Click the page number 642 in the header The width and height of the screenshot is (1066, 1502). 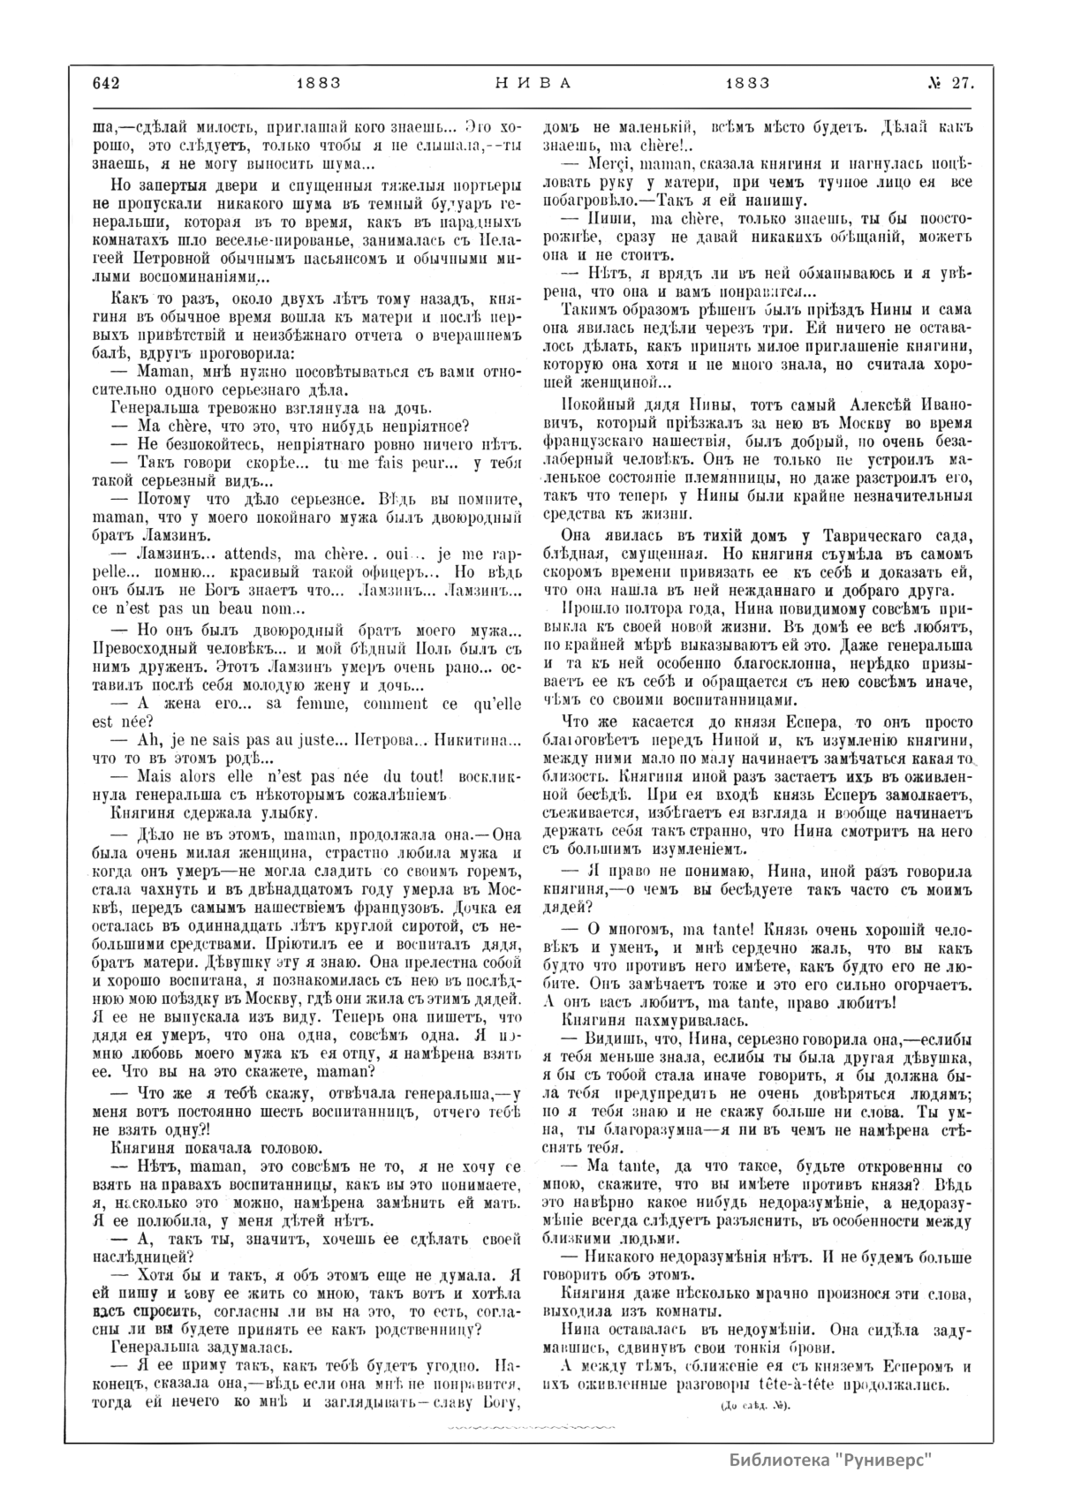(105, 84)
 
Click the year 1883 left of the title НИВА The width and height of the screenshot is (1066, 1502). (319, 84)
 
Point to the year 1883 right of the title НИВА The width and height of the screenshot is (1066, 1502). (747, 84)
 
